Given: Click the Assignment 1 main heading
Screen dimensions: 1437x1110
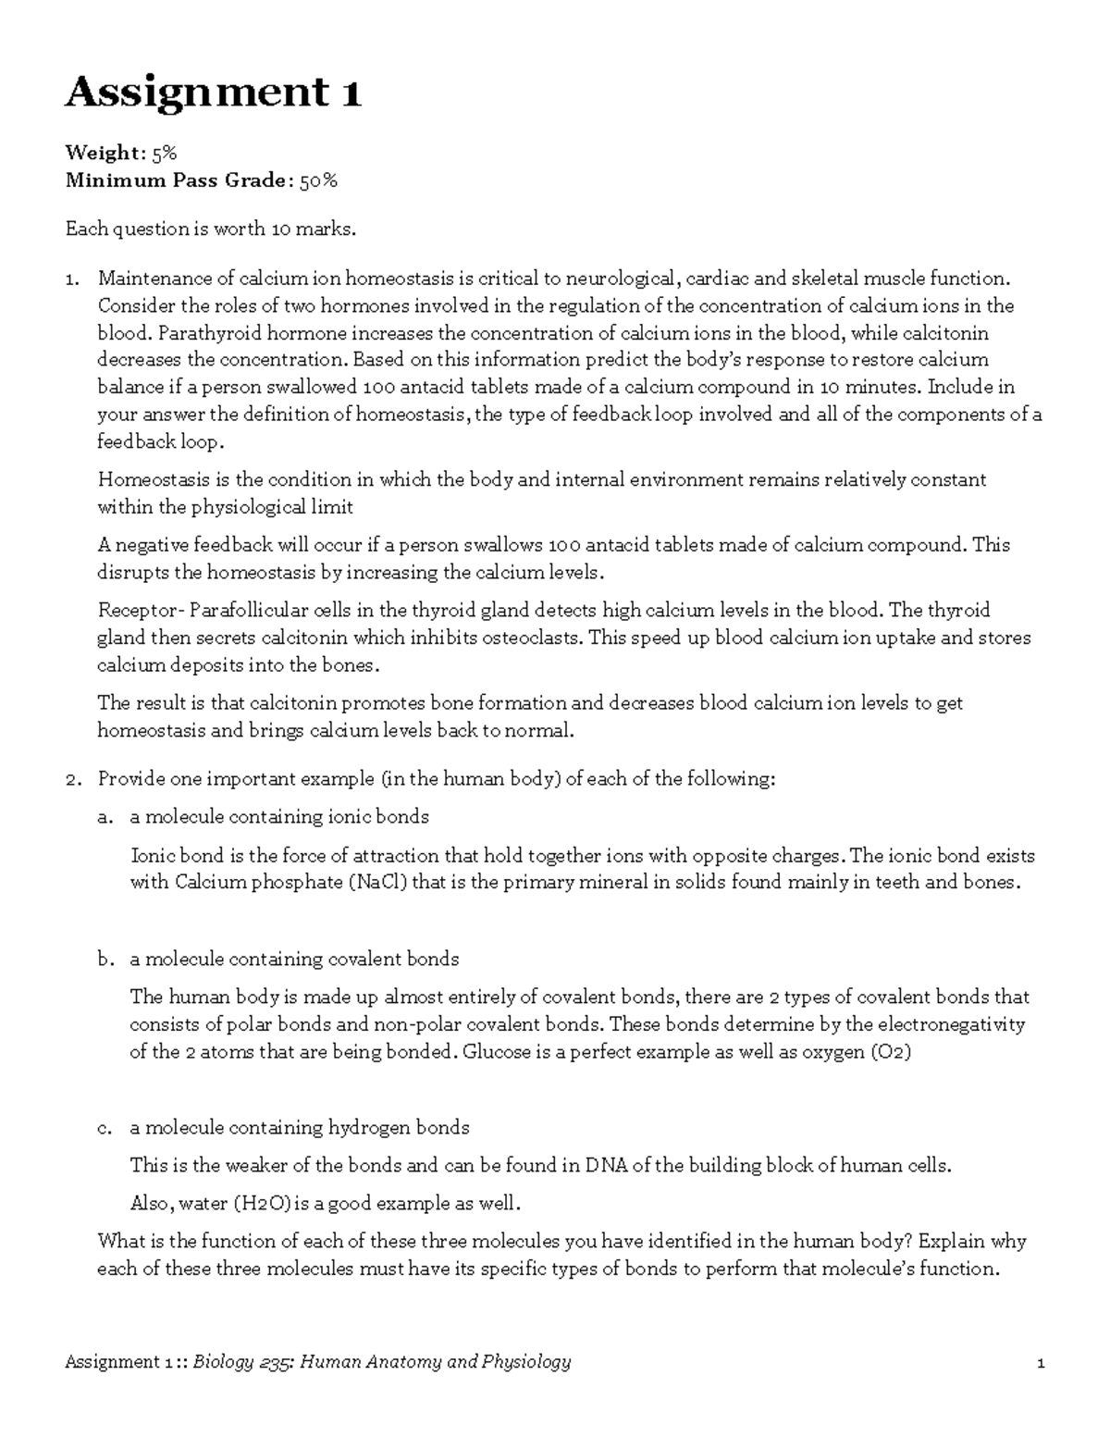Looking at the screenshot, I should point(212,93).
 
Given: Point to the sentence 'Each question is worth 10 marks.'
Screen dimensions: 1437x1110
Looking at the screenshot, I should point(210,229).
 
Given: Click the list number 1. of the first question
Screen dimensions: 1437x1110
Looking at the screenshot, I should point(73,279).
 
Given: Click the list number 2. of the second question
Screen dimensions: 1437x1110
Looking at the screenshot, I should point(73,779).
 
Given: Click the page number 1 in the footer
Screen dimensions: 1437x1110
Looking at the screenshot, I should point(1041,1362).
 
